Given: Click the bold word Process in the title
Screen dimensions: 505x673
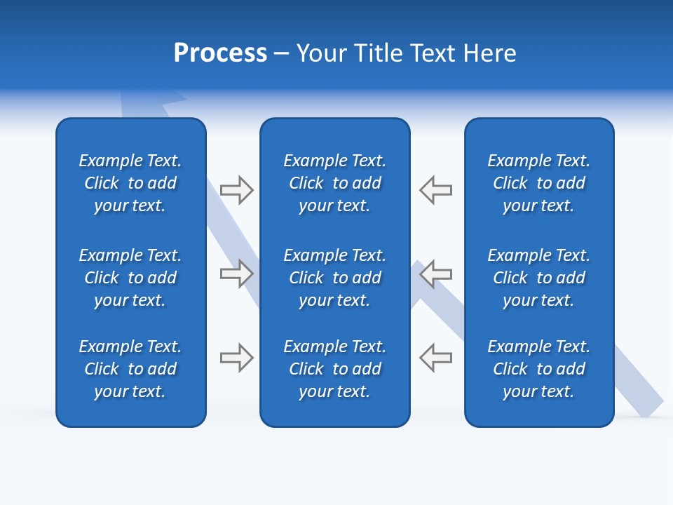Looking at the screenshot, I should point(220,53).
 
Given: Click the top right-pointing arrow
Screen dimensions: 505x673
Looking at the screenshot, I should point(237,190).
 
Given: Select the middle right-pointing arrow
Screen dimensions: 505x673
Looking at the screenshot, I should point(237,274).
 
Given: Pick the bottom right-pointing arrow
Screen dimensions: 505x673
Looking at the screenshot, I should point(237,358).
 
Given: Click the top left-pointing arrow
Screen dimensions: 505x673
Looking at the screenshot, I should point(435,190).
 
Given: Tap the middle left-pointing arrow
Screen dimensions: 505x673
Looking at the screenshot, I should point(435,274).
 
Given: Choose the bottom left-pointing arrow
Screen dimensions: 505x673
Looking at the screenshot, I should point(435,358).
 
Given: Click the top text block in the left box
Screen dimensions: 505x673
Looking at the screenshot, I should point(130,183).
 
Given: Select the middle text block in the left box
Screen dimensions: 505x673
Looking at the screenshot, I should point(130,278).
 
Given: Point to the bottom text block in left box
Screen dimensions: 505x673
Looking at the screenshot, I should point(130,369).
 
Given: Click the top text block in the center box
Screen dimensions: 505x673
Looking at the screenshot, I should point(334,183).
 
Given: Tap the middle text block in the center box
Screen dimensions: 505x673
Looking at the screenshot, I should point(334,278).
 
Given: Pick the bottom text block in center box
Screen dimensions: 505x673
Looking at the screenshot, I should point(334,369).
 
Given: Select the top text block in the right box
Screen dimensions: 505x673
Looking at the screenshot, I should point(538,183).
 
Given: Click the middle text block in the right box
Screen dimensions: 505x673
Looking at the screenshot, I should point(538,278).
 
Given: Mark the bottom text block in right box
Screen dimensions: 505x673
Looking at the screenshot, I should point(538,369).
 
